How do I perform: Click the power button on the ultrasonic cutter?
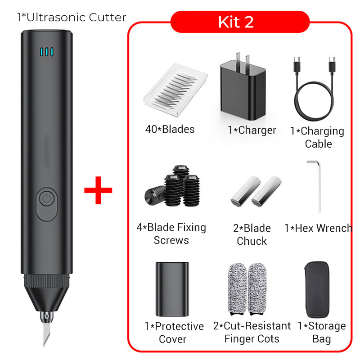(47, 198)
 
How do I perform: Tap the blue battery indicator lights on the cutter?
(47, 52)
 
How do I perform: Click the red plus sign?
(98, 190)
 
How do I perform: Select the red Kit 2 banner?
(240, 22)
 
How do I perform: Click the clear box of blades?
(175, 90)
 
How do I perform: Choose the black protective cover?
(172, 289)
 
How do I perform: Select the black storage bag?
(317, 289)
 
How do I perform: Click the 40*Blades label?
(170, 129)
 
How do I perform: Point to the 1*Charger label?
(252, 130)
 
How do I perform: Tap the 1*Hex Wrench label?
(319, 228)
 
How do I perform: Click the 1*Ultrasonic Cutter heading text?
(72, 18)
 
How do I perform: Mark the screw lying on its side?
(155, 195)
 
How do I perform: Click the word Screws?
(171, 240)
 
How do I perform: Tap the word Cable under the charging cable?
(319, 144)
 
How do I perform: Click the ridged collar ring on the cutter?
(47, 281)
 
